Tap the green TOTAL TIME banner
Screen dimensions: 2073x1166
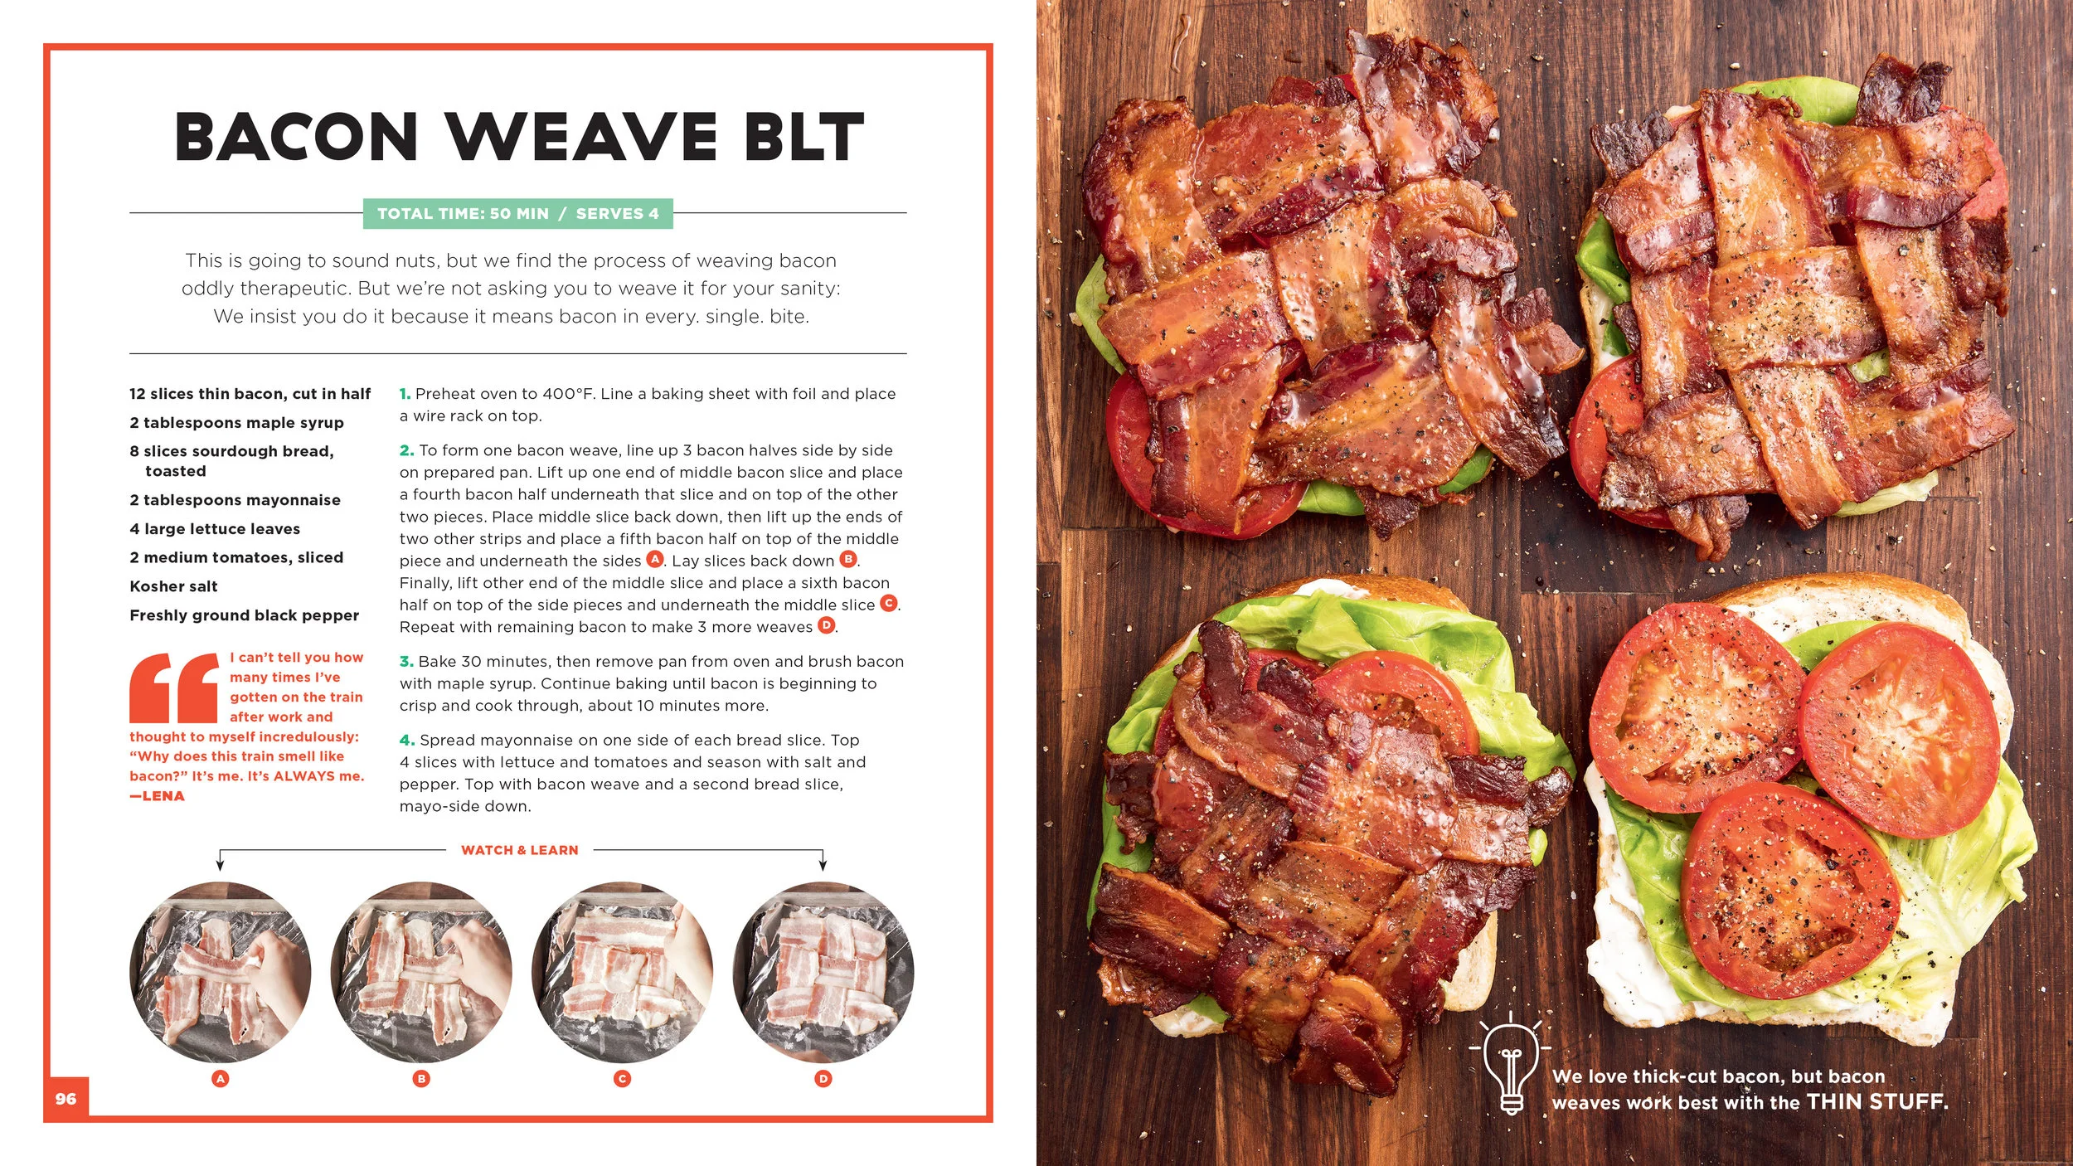(518, 214)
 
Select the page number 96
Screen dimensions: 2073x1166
(66, 1099)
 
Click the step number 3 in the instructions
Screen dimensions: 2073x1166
(405, 662)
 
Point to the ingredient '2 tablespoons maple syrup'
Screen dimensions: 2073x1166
(236, 423)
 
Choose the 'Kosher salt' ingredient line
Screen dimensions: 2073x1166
(173, 586)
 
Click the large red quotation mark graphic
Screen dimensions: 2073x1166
(174, 687)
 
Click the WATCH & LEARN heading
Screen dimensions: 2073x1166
(520, 850)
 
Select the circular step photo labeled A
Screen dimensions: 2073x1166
(221, 972)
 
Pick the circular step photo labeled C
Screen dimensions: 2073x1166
(623, 972)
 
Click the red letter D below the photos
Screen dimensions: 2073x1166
(823, 1079)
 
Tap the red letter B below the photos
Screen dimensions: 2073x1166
(422, 1079)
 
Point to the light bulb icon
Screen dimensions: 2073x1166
(1511, 1064)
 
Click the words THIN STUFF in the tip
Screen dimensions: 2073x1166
(1877, 1102)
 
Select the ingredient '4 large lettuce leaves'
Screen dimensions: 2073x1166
(215, 529)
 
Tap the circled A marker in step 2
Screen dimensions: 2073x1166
(655, 559)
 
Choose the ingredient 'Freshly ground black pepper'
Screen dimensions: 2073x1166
(245, 615)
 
